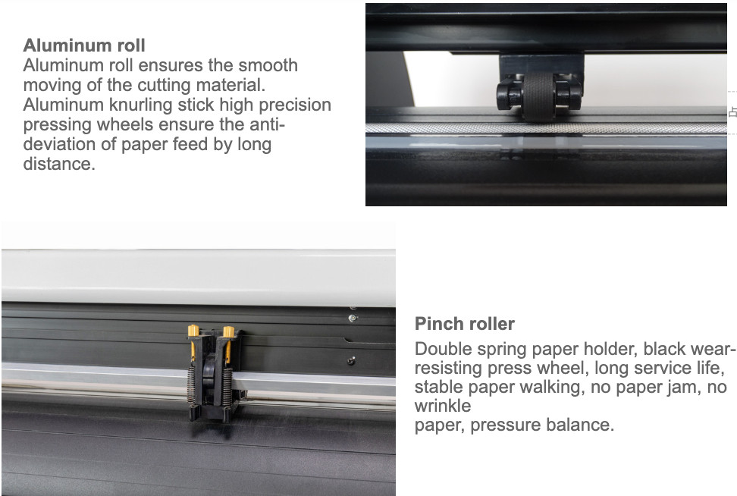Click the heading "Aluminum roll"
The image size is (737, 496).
84,46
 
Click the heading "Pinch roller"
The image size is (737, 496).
464,324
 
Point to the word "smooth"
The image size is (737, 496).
267,65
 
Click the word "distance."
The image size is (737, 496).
59,164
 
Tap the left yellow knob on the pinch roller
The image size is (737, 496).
193,331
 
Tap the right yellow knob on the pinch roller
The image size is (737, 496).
227,331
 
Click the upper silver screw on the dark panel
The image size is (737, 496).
352,318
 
